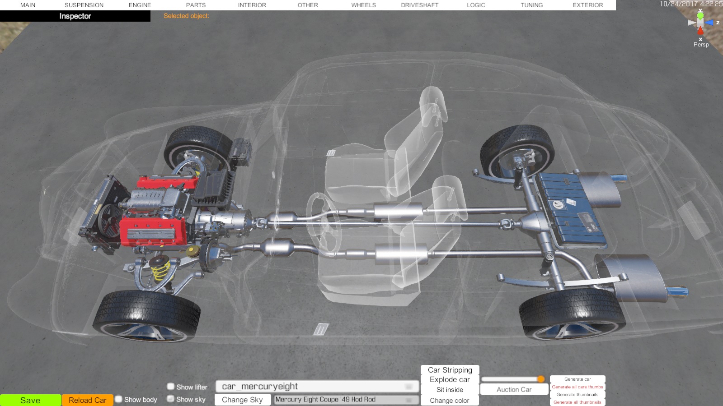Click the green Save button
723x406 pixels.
click(30, 400)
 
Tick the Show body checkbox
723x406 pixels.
click(119, 399)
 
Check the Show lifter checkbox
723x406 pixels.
click(171, 386)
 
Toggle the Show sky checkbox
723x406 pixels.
click(171, 399)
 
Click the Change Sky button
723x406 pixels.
click(242, 400)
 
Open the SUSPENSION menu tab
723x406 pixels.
click(84, 5)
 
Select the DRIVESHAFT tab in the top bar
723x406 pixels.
click(420, 5)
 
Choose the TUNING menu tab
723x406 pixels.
click(531, 5)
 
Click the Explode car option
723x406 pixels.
click(450, 379)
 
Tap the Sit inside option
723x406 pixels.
click(450, 390)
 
